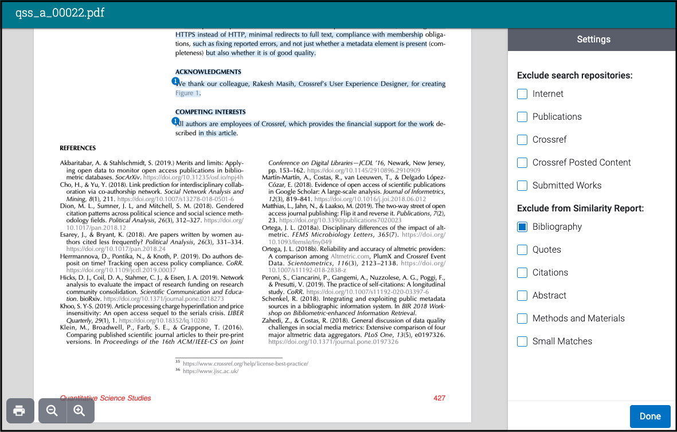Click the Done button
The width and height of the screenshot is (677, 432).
tap(650, 416)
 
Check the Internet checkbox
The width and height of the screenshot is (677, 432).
tap(522, 94)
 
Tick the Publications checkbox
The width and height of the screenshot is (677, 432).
tap(522, 117)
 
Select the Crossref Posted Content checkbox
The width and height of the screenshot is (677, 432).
tap(522, 163)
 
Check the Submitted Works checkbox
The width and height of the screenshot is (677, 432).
tap(522, 186)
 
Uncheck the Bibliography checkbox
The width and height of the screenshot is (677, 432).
tap(522, 227)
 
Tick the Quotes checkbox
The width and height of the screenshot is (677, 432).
tap(522, 250)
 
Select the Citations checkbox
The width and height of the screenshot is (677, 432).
tap(522, 273)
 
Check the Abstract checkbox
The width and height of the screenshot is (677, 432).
tap(522, 296)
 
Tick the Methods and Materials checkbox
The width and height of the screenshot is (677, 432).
tap(522, 319)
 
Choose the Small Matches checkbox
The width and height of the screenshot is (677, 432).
tap(522, 341)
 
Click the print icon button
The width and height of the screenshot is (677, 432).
tap(19, 411)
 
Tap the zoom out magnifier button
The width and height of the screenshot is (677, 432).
tap(52, 411)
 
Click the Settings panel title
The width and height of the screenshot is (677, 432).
tap(593, 40)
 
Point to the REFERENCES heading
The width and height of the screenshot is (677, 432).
tap(78, 148)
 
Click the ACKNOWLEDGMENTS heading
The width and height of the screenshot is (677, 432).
tap(208, 72)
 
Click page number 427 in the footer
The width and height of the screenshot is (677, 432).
tap(439, 398)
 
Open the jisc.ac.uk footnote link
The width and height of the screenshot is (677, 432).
tap(210, 371)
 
